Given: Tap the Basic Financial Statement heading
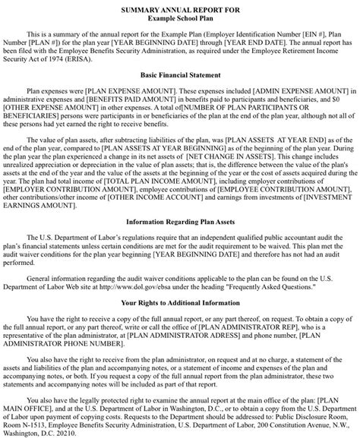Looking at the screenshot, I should pyautogui.click(x=180, y=76).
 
